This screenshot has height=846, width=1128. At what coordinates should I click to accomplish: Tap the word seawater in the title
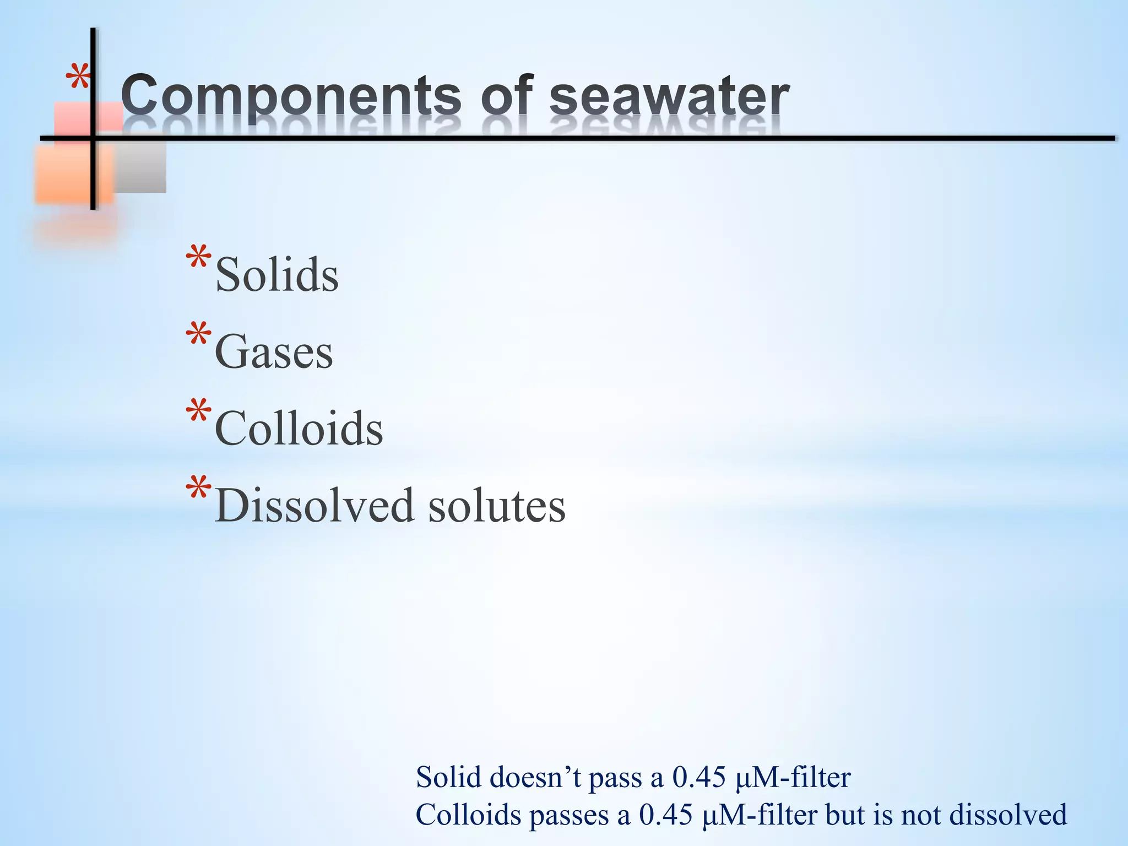669,96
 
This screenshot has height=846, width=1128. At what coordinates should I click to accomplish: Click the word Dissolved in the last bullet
314,505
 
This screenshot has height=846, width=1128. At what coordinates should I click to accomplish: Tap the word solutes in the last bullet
497,506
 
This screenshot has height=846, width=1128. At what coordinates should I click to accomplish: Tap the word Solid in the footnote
448,777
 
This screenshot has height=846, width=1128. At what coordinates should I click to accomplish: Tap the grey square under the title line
140,165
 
